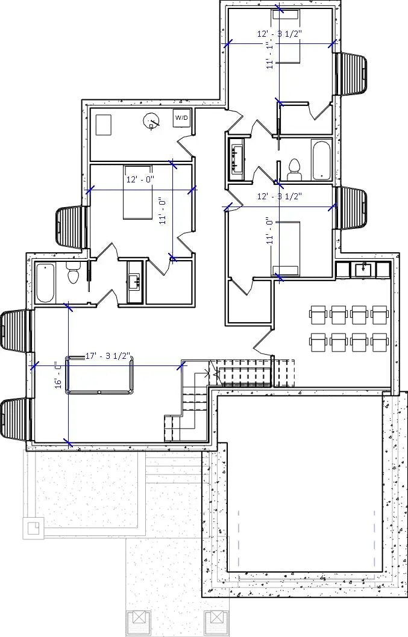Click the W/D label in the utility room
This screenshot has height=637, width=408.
[x=181, y=118]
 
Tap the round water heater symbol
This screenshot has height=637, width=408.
[x=151, y=122]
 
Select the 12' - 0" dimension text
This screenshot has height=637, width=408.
[x=140, y=179]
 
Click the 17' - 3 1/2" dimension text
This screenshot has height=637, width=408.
[x=108, y=356]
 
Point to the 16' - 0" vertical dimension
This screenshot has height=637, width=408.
[x=58, y=374]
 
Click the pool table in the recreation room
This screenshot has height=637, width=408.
[x=98, y=375]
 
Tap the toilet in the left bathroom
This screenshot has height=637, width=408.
[x=73, y=275]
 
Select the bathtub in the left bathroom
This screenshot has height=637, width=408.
[x=45, y=283]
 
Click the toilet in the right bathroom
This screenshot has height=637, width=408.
[x=295, y=169]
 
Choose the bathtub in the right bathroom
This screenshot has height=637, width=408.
[x=321, y=160]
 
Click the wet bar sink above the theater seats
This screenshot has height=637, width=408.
[x=365, y=269]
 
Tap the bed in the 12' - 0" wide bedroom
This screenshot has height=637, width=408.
[x=138, y=192]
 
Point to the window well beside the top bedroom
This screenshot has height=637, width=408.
[x=351, y=73]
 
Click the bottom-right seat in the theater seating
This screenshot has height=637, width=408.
[x=380, y=341]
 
